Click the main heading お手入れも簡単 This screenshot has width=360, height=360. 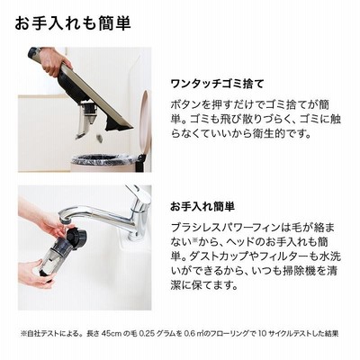pos(73,23)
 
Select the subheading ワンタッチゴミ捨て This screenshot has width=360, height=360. pos(217,84)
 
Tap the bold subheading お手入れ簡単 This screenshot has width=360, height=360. pos(202,206)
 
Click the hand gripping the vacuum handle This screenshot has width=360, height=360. pos(54,61)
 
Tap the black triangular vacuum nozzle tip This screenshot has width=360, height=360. pos(120,123)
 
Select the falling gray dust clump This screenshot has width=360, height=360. pos(100,138)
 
